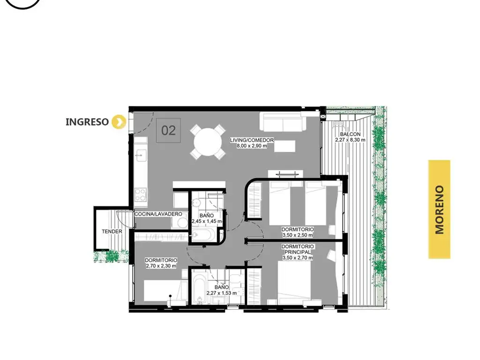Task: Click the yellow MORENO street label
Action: point(439,210)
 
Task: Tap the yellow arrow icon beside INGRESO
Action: point(119,121)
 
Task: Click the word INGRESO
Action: point(87,122)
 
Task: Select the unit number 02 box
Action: point(168,130)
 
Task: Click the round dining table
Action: point(208,142)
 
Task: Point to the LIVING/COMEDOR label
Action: point(252,140)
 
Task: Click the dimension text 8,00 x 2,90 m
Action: point(252,146)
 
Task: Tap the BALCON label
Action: point(350,134)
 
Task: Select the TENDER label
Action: point(112,232)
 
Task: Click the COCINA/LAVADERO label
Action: point(158,214)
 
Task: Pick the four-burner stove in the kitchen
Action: point(141,195)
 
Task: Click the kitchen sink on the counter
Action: point(141,155)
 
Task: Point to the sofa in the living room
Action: point(283,122)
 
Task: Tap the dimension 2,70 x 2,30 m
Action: point(161,266)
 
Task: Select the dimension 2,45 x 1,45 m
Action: point(207,221)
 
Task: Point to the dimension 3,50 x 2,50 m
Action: point(298,235)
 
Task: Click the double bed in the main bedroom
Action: point(294,282)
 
